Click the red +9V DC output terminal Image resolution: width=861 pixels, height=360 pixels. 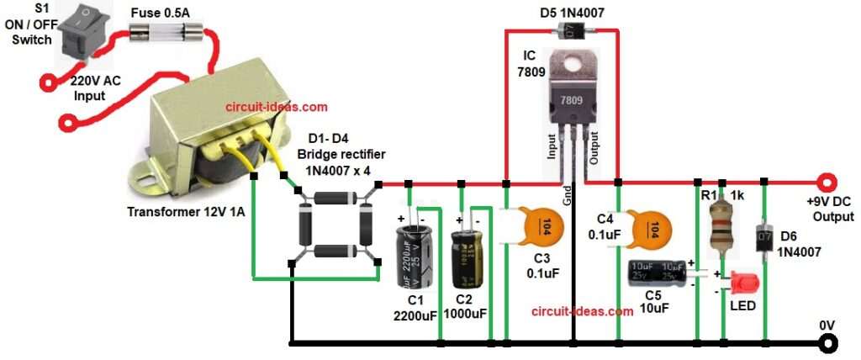pos(827,183)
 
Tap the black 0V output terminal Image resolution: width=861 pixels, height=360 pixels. pos(829,343)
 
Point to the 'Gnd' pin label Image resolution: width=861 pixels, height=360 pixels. pos(568,196)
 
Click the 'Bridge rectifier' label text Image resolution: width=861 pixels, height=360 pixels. pos(334,155)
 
